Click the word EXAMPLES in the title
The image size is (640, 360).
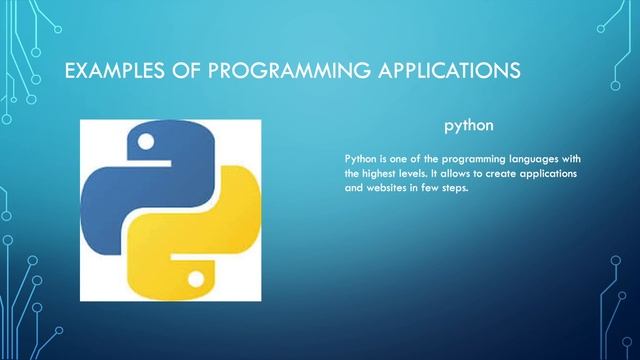tap(104, 71)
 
